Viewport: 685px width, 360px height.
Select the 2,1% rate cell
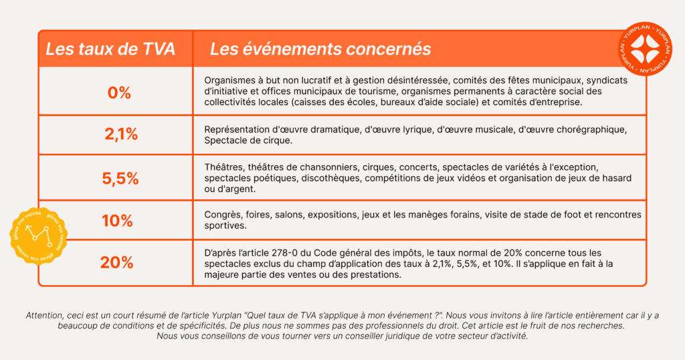(x=121, y=134)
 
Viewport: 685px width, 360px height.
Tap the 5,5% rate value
(x=121, y=179)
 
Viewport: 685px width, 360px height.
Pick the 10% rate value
(x=117, y=220)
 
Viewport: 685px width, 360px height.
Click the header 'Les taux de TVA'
(x=110, y=49)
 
